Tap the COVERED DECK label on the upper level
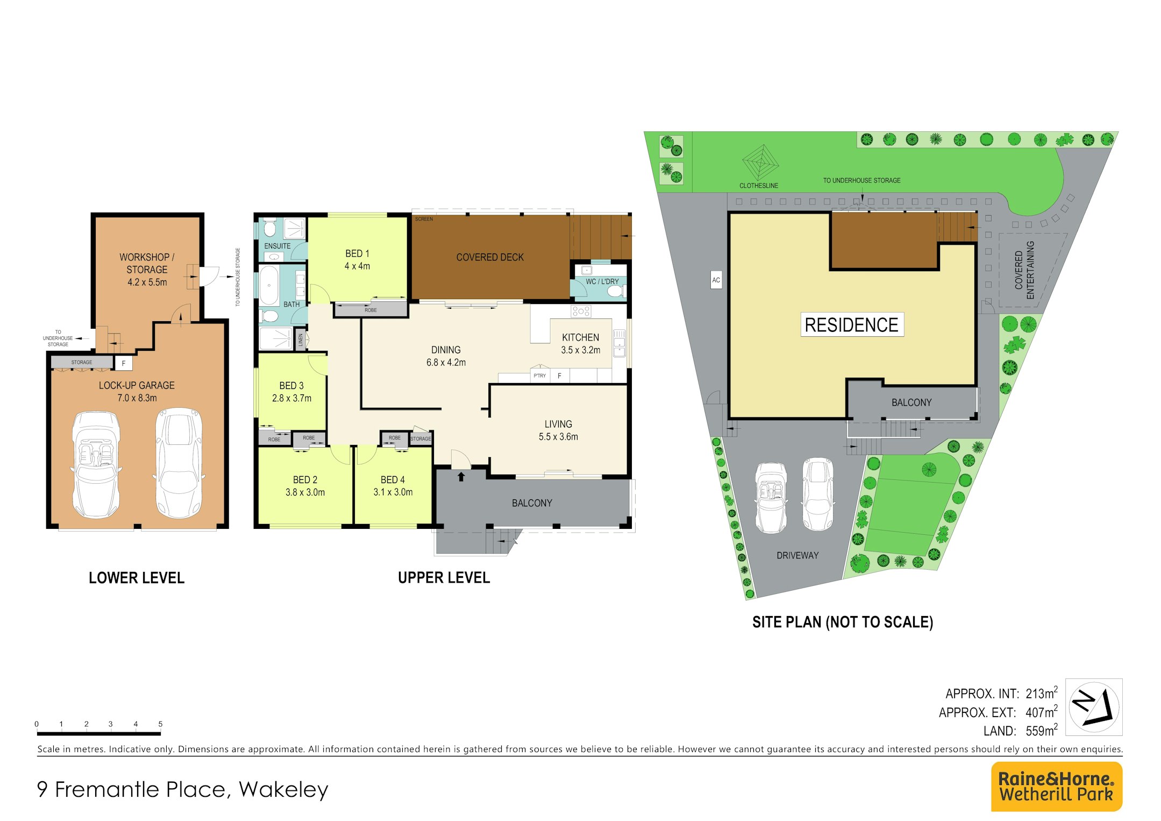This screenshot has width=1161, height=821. pos(490,257)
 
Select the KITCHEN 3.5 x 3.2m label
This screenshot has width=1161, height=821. pos(580,343)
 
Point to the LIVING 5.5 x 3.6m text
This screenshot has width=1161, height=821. pos(558,430)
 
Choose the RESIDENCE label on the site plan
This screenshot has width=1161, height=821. pos(852,324)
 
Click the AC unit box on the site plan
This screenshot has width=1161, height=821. pos(716,280)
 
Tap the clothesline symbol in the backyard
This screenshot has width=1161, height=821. pos(760,162)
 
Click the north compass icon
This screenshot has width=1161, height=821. pos(1094,707)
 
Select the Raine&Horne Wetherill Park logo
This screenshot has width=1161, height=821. pos(1056,786)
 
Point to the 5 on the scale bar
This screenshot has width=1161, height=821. pos(160,724)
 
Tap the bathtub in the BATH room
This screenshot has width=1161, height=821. pos(269,285)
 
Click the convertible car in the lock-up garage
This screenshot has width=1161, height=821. pos(97,464)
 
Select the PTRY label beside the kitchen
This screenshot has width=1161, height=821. pos(540,376)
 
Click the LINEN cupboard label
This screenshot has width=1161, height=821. pos(301,339)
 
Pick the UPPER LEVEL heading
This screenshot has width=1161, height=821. pos(444,578)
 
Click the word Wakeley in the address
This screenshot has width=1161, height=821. pos(283,789)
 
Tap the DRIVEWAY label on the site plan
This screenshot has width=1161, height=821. pos(797,555)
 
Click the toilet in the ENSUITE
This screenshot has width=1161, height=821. pos(270,228)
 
